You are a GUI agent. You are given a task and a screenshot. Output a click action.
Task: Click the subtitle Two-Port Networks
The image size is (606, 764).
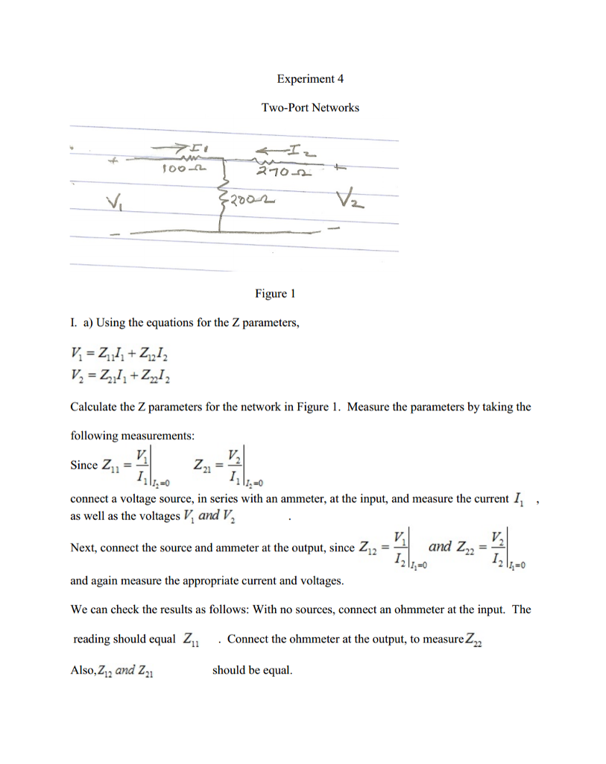[309, 107]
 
